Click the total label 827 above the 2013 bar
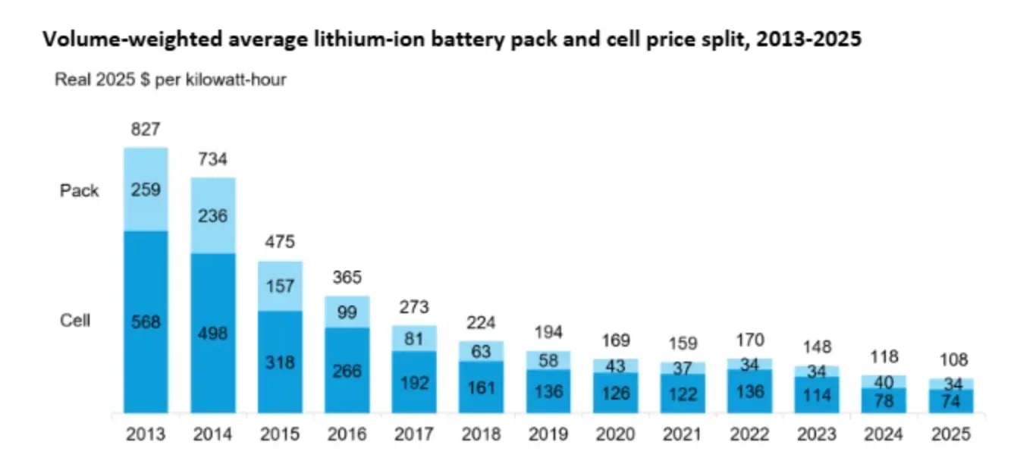(146, 129)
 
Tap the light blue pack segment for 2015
(280, 286)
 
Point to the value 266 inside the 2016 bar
(347, 371)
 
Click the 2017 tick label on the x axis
(414, 434)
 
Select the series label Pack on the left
(80, 190)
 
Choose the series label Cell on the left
(75, 321)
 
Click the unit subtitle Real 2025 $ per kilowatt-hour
(171, 80)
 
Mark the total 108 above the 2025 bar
(951, 360)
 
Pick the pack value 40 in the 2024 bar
(884, 381)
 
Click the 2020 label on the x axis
(615, 434)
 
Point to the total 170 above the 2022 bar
(750, 340)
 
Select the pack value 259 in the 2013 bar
(146, 190)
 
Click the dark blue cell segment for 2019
(548, 391)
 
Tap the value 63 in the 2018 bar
(481, 351)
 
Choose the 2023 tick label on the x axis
(817, 434)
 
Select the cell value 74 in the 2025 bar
(951, 402)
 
